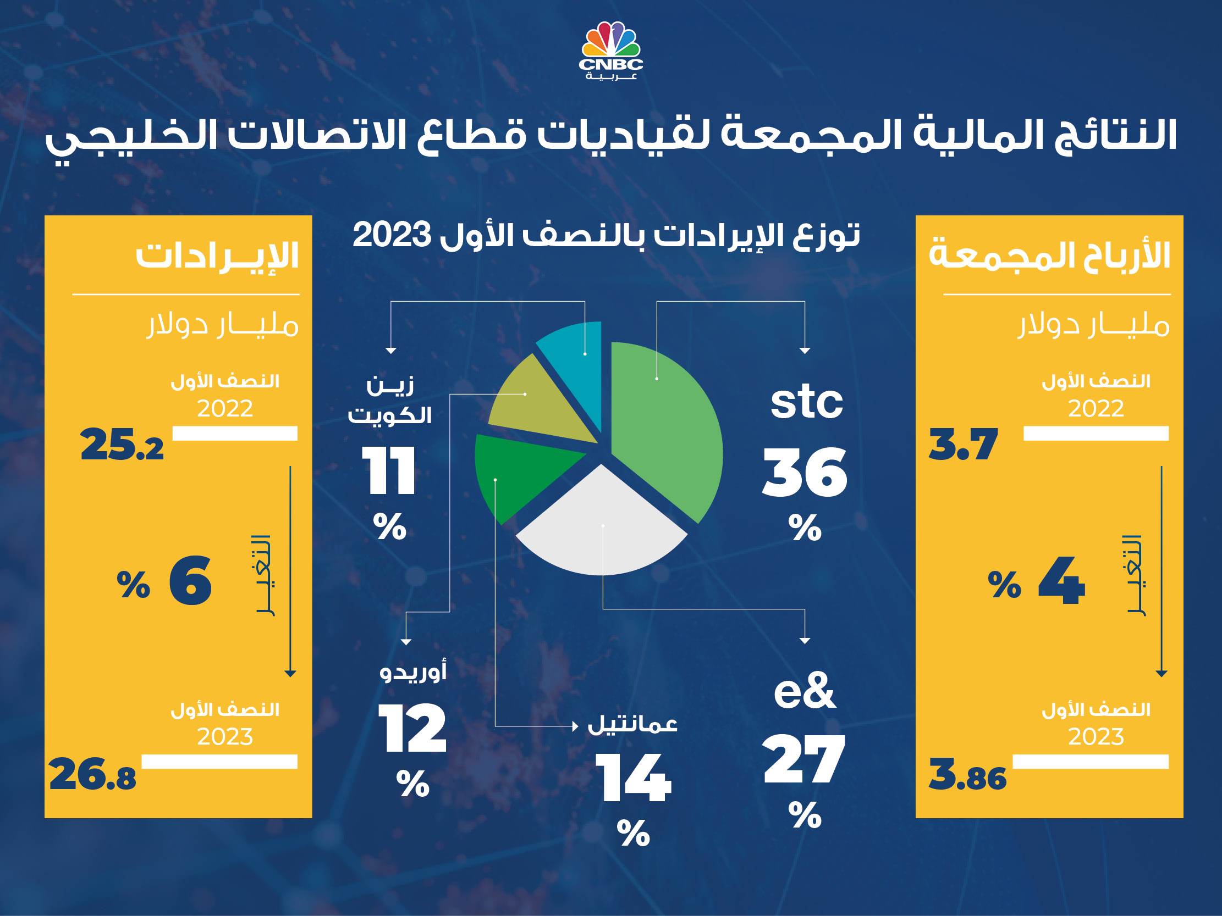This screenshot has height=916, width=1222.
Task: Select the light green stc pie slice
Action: pyautogui.click(x=668, y=431)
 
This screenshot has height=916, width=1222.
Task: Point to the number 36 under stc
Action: pyautogui.click(x=805, y=472)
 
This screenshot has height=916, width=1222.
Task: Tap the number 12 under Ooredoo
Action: pyautogui.click(x=412, y=729)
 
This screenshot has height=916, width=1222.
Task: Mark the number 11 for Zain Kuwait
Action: pyautogui.click(x=389, y=470)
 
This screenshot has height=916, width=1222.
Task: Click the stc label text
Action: pyautogui.click(x=807, y=402)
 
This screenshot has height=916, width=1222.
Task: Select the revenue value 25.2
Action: pyautogui.click(x=122, y=445)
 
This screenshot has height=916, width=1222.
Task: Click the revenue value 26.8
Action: pyautogui.click(x=92, y=774)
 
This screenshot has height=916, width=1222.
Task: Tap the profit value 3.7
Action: pyautogui.click(x=963, y=445)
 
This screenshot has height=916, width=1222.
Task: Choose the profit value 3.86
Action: pyautogui.click(x=967, y=774)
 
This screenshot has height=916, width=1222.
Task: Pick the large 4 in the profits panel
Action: pyautogui.click(x=1061, y=581)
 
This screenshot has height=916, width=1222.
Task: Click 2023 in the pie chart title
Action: pyautogui.click(x=392, y=235)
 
